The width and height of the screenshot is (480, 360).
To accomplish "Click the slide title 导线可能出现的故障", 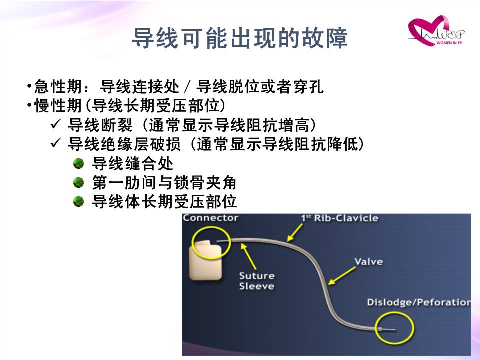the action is coord(240,38).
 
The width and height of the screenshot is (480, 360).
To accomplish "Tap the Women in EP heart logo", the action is coord(436,31).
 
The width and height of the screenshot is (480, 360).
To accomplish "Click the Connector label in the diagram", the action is coord(210,218).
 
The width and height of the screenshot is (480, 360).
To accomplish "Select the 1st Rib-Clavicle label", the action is coord(340,218).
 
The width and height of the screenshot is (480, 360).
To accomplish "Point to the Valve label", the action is coord(369,262).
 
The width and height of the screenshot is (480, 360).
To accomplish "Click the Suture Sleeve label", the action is coord(257,281).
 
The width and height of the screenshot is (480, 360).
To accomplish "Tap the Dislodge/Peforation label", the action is coord(419,302).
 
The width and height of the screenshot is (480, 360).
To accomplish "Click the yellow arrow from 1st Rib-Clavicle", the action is coord(295,233).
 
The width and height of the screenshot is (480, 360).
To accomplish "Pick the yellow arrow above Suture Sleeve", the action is coord(248,256).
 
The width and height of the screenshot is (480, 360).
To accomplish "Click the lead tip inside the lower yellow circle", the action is coord(388,329).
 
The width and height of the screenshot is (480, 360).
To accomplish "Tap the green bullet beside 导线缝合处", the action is coord(78,164).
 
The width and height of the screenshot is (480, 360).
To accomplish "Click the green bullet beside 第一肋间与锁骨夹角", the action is coord(78,183).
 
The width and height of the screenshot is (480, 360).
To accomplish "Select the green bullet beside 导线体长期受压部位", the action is coord(78,202).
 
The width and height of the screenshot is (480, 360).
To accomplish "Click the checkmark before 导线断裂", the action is coord(56,124).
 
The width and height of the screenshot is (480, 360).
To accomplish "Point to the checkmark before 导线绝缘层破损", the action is coord(56,143).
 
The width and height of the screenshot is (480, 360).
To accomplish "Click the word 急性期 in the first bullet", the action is coord(58,87).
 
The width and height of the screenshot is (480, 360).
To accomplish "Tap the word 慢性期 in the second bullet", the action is coord(58,106).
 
